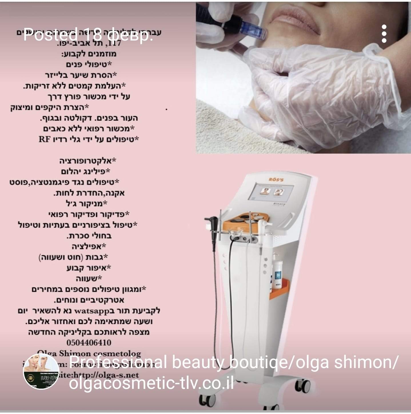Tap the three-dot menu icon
click(384, 34)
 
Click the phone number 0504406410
click(89, 342)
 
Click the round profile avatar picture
click(41, 371)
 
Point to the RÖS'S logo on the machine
click(276, 179)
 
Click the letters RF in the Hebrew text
click(45, 140)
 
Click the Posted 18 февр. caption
click(88, 35)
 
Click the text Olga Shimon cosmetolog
click(89, 353)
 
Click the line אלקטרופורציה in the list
click(88, 161)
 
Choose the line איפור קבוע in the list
click(89, 268)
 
